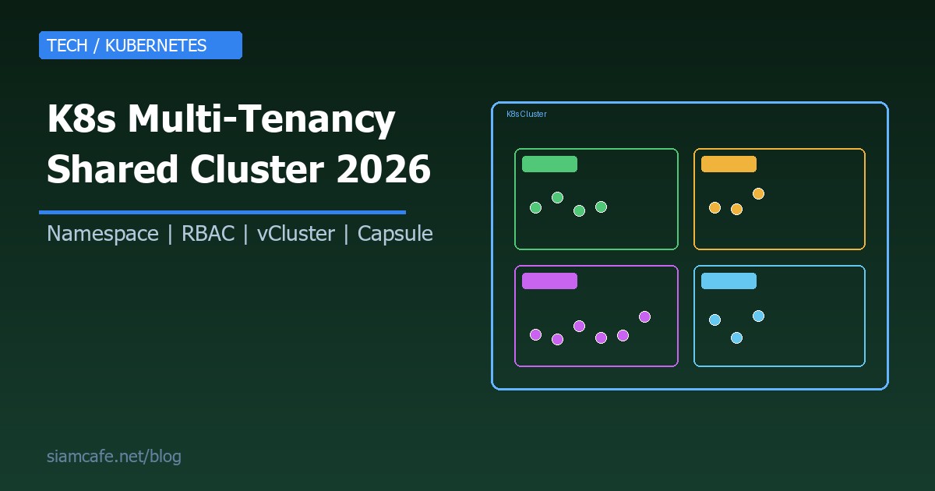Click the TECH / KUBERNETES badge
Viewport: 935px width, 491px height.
click(140, 45)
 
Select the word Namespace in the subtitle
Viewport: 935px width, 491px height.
click(103, 234)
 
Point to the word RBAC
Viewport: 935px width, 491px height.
click(208, 234)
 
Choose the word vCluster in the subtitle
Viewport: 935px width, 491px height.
click(296, 234)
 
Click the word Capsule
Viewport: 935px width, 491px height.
click(395, 234)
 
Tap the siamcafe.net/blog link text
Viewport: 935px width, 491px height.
click(114, 457)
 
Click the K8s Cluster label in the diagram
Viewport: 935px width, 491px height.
click(527, 115)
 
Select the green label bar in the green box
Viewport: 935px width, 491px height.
click(549, 164)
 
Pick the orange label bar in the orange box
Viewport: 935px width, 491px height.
click(729, 164)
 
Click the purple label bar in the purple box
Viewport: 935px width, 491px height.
click(549, 281)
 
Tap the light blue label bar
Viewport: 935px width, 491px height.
click(729, 281)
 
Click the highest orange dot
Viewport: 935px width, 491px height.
click(758, 193)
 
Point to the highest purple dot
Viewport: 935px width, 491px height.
click(644, 316)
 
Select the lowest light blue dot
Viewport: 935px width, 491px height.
click(736, 337)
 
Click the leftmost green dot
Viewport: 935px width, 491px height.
click(535, 207)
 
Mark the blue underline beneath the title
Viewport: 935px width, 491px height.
click(222, 212)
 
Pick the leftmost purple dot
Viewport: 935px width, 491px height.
click(535, 334)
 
